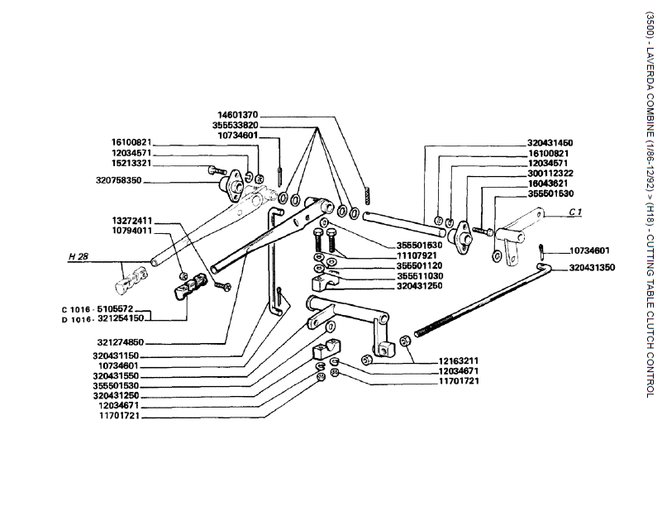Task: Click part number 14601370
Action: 238,115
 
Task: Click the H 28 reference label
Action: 78,258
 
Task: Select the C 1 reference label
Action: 575,213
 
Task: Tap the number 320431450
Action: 550,143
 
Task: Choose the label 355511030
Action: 420,275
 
